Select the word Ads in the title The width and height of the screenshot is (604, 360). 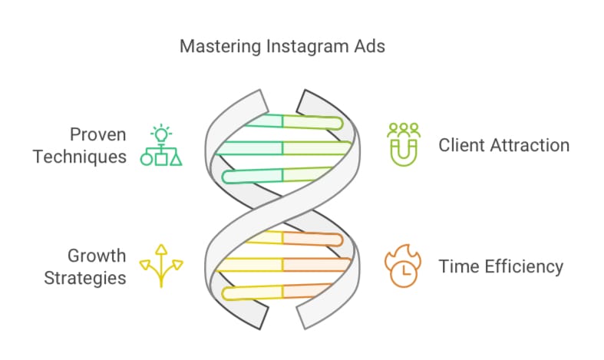[368, 46]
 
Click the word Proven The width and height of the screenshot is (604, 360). [97, 134]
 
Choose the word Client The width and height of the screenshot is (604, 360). [460, 145]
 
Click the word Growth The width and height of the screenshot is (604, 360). [97, 256]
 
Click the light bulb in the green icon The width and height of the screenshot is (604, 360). [161, 134]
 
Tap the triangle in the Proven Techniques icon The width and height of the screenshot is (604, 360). [176, 160]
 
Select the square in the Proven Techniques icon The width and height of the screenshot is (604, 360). [161, 160]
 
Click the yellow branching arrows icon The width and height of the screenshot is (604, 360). [161, 266]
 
